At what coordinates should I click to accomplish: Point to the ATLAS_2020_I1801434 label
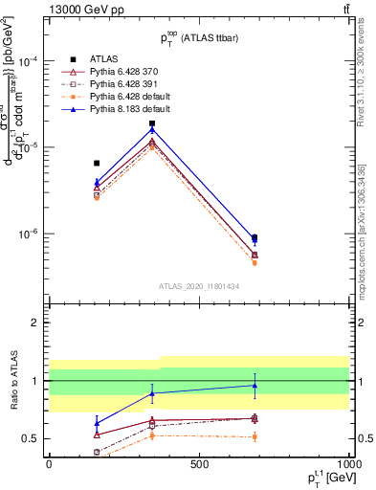point(198,284)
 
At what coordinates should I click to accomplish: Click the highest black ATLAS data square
point(152,123)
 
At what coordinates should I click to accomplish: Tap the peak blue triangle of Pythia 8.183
point(152,129)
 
